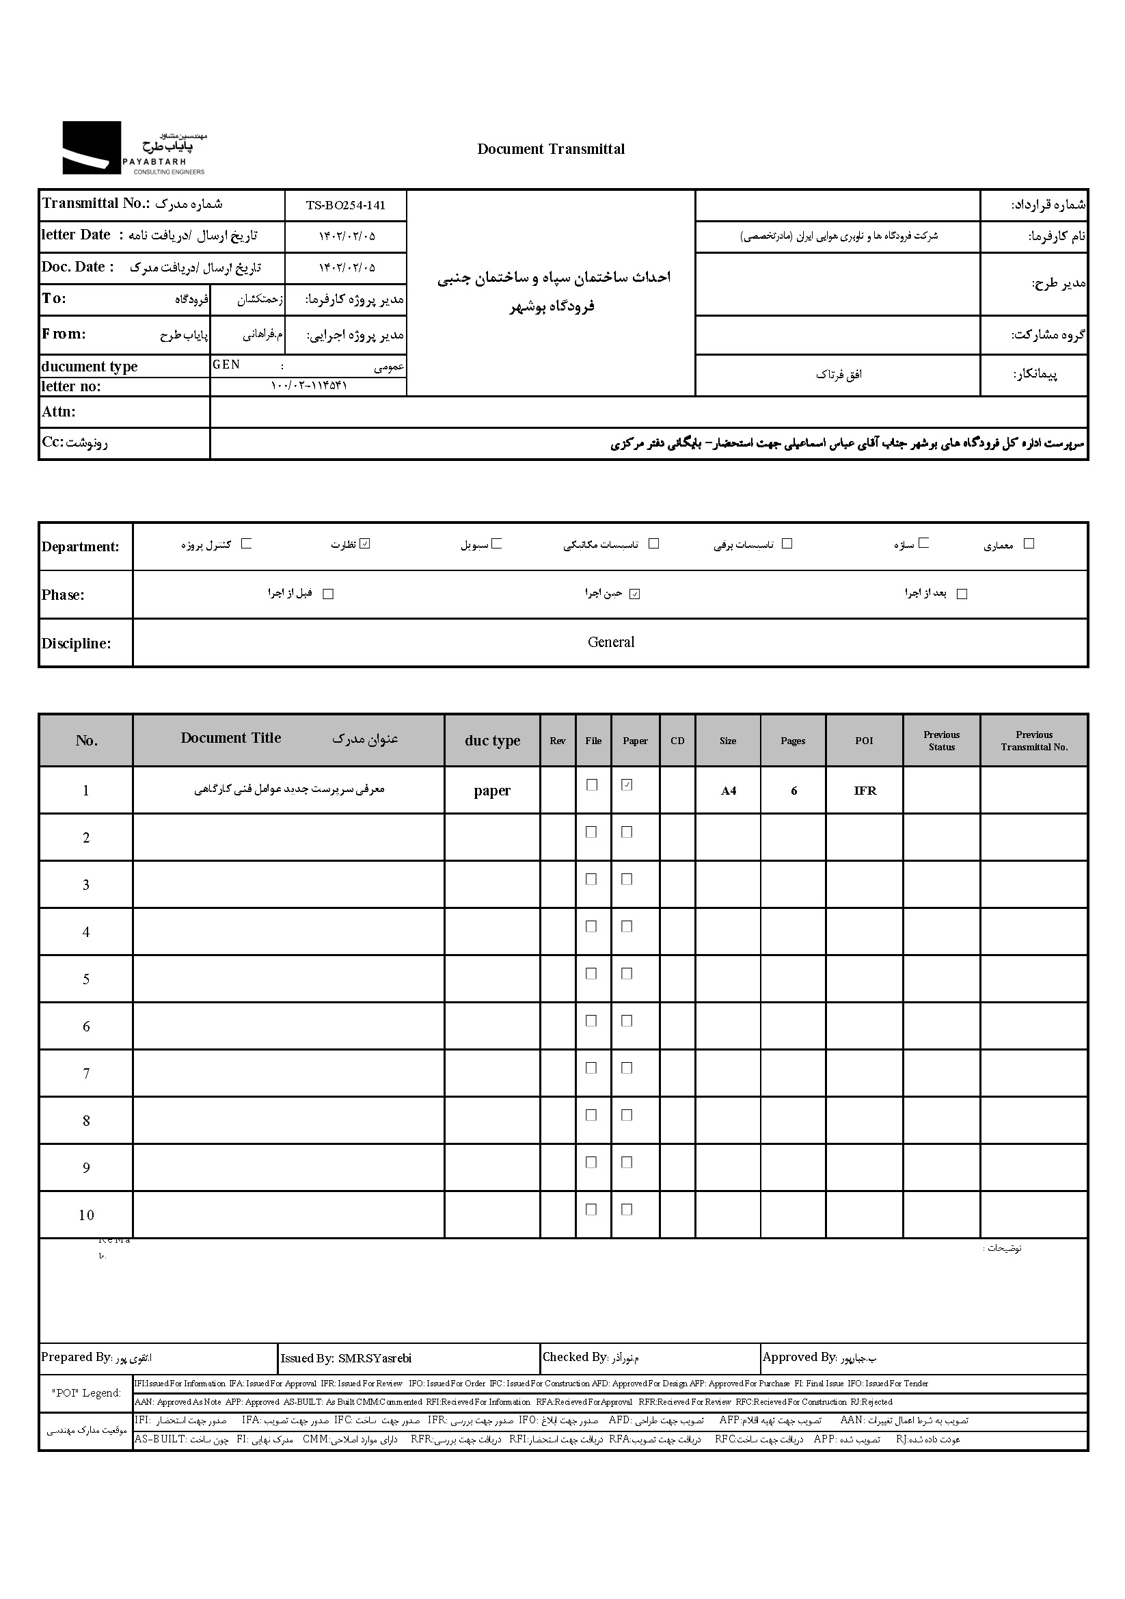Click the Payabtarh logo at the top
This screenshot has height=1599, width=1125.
[135, 148]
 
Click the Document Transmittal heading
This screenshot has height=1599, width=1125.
[551, 149]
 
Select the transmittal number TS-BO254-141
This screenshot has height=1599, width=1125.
[345, 205]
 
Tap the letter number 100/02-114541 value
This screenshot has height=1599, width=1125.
[308, 386]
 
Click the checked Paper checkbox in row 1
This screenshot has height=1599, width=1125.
[627, 785]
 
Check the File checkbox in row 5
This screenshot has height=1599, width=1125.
[591, 974]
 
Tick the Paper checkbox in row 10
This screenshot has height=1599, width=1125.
[627, 1210]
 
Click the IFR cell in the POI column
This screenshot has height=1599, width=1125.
[865, 791]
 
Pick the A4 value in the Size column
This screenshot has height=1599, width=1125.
[728, 791]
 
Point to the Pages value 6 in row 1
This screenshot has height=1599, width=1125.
[794, 791]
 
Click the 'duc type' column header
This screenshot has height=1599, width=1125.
[492, 740]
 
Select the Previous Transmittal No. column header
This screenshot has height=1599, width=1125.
[1034, 740]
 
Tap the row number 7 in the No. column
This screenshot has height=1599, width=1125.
[86, 1073]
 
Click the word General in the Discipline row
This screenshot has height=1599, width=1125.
[610, 642]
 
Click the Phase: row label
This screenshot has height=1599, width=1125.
[63, 595]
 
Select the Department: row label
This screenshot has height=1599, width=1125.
[80, 546]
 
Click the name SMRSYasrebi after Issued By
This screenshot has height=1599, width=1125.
[375, 1358]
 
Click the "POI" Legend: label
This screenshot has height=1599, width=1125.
[86, 1393]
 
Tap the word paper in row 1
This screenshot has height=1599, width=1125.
[492, 791]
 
